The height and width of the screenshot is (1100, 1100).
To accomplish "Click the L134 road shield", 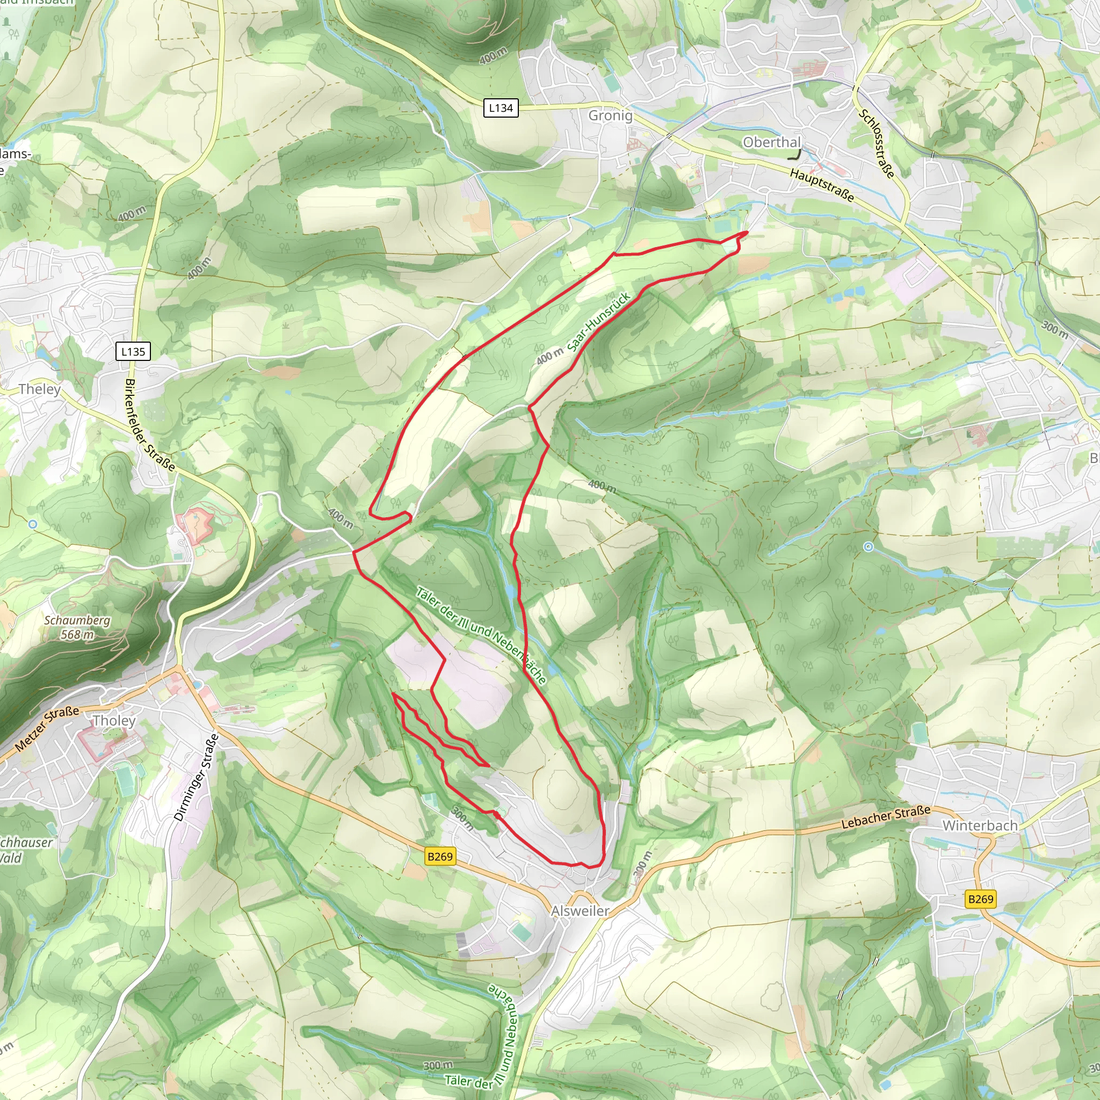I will pyautogui.click(x=501, y=107).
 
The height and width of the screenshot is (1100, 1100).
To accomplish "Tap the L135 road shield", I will pyautogui.click(x=133, y=351).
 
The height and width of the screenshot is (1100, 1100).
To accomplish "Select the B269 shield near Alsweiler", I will pyautogui.click(x=440, y=856).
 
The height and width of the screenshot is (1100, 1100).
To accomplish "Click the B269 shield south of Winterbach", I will pyautogui.click(x=980, y=899).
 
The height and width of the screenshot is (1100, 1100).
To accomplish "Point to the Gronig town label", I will pyautogui.click(x=610, y=115).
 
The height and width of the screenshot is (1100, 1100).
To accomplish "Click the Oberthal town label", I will pyautogui.click(x=771, y=142).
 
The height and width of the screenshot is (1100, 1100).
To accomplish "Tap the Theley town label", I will pyautogui.click(x=39, y=389).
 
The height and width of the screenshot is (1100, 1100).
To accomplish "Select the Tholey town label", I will pyautogui.click(x=114, y=720).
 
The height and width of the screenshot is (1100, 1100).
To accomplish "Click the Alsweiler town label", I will pyautogui.click(x=580, y=910).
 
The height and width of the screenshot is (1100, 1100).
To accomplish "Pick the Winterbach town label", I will pyautogui.click(x=980, y=825).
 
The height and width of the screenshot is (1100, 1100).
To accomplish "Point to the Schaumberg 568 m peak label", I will pyautogui.click(x=77, y=627).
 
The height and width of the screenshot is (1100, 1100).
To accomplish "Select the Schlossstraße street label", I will pyautogui.click(x=877, y=143).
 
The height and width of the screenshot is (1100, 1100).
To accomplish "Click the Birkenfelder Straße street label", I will pyautogui.click(x=150, y=425).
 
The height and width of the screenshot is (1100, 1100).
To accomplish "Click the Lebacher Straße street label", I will pyautogui.click(x=885, y=816).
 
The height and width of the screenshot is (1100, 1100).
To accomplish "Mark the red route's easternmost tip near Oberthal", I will pyautogui.click(x=747, y=231).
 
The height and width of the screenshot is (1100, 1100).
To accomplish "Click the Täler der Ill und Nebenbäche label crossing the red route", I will pyautogui.click(x=481, y=635).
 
